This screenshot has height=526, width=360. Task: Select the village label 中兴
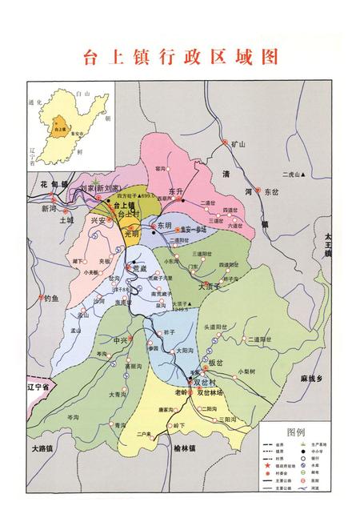[x=122, y=340]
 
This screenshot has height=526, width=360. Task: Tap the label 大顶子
[x=209, y=286]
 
